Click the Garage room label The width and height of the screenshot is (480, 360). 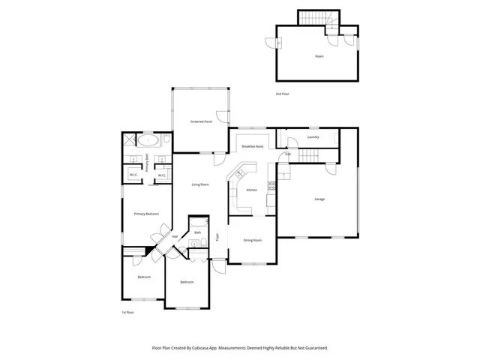319,199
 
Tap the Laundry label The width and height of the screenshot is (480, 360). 313,137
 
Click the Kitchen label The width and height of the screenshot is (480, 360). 252,190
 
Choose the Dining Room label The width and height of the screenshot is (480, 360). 253,240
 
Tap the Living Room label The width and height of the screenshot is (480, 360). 199,184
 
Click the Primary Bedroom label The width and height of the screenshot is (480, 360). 146,214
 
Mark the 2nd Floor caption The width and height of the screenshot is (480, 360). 282,94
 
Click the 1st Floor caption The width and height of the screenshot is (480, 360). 127,311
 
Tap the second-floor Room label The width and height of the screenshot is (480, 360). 319,56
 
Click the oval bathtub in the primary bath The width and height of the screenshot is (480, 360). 148,140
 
